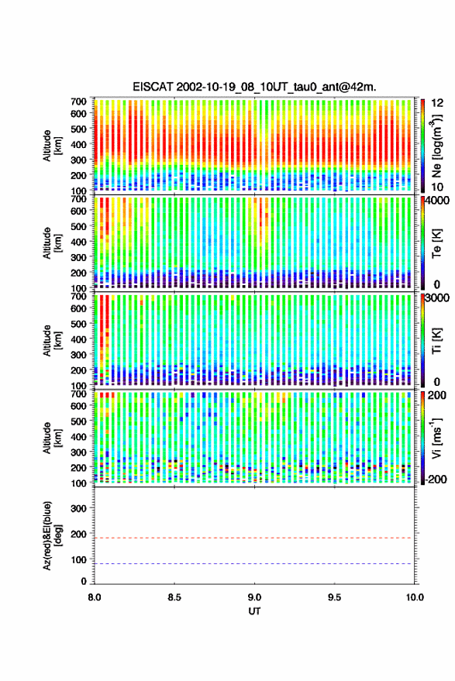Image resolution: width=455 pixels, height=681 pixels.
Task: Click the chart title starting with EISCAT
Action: (254, 87)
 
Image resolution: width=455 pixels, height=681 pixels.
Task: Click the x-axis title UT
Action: (254, 611)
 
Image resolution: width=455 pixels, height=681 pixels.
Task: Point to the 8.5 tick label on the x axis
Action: (174, 597)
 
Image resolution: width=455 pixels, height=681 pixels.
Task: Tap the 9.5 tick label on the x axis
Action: (334, 597)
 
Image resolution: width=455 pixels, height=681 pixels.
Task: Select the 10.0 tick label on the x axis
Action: (414, 597)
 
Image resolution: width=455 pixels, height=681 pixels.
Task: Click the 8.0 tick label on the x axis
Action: (95, 597)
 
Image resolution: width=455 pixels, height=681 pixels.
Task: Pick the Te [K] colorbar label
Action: (436, 243)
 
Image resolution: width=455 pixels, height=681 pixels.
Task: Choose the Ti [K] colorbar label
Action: (436, 341)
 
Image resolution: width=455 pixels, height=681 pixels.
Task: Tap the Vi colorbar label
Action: (436, 438)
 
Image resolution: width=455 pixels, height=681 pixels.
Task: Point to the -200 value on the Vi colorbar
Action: (436, 480)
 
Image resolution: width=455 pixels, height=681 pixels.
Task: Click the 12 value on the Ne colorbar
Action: (437, 103)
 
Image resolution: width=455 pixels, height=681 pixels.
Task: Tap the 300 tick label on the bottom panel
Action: (78, 508)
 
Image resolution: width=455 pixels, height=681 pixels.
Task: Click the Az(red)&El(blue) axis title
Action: (52, 535)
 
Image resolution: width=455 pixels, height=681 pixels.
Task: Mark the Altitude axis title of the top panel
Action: (52, 146)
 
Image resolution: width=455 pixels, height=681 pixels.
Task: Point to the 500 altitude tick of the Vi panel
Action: (78, 421)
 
